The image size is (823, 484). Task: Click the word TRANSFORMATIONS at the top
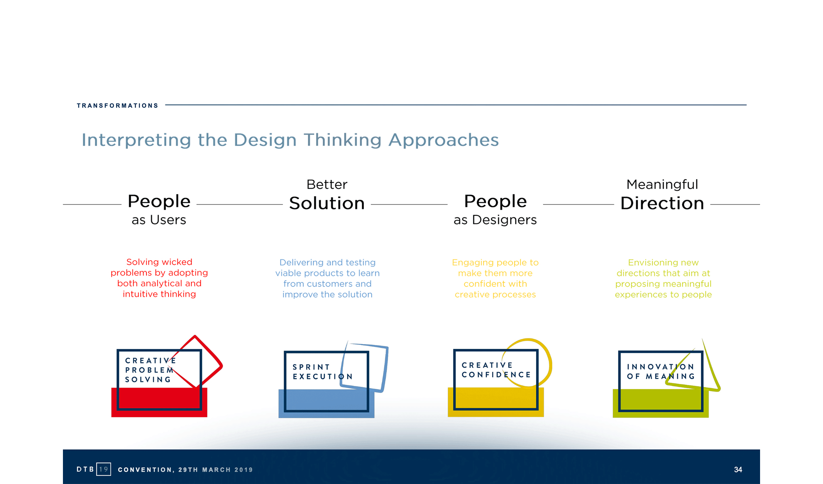pos(117,106)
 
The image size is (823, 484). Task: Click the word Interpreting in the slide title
pos(136,140)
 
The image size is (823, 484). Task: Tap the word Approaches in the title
pos(443,140)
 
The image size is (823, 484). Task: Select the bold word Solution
pos(327,203)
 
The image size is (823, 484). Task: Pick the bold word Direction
pos(662,203)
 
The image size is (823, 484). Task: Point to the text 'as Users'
pos(159,220)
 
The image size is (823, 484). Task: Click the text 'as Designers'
pos(495,220)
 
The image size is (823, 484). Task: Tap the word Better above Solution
pos(327,185)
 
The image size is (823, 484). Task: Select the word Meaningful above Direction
pos(662,185)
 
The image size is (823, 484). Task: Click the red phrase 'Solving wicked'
pos(159,262)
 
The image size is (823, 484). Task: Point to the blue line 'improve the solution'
pos(327,295)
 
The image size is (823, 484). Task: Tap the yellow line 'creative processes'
pos(495,295)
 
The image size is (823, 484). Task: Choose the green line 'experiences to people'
pos(663,295)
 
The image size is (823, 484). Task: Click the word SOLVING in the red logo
pos(148,380)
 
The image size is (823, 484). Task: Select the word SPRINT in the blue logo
pos(311,367)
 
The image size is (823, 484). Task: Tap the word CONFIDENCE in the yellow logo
pos(496,375)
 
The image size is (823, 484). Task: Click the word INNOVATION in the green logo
pos(660,367)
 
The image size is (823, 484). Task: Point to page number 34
pos(738,469)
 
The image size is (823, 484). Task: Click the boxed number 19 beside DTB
pos(104,469)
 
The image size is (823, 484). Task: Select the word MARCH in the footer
pos(216,470)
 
